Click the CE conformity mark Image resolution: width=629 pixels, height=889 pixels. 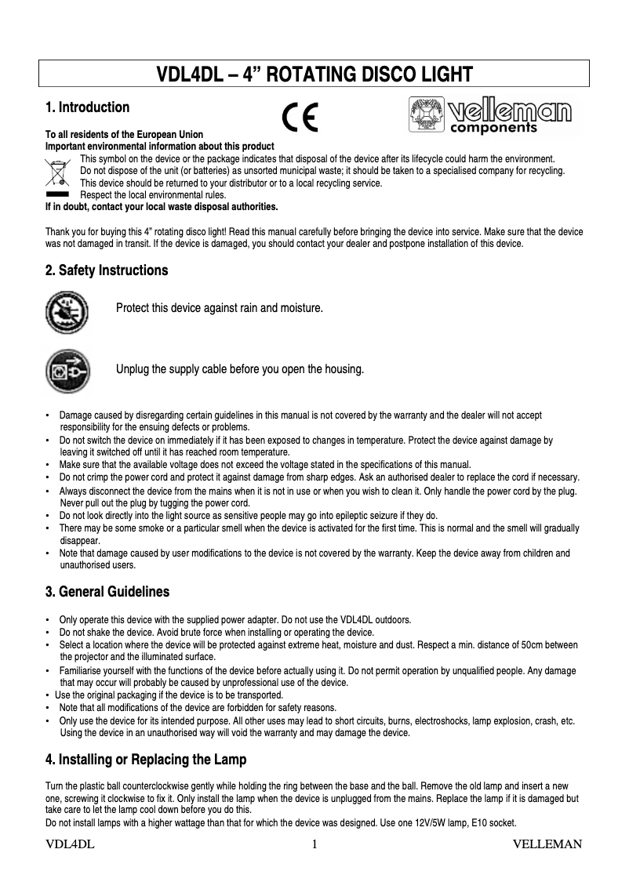click(x=300, y=118)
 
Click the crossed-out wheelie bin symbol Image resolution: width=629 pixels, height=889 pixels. click(x=56, y=171)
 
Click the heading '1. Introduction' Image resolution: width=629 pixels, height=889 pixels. click(x=87, y=107)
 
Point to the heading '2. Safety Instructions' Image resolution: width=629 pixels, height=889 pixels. click(x=107, y=270)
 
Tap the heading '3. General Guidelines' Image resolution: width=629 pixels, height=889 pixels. click(x=107, y=590)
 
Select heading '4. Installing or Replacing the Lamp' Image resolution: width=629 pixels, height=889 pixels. click(x=146, y=759)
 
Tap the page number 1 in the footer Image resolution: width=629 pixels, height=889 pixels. click(x=314, y=844)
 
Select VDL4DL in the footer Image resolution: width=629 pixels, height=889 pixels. click(x=71, y=844)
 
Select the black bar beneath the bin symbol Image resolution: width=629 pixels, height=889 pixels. click(x=56, y=191)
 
